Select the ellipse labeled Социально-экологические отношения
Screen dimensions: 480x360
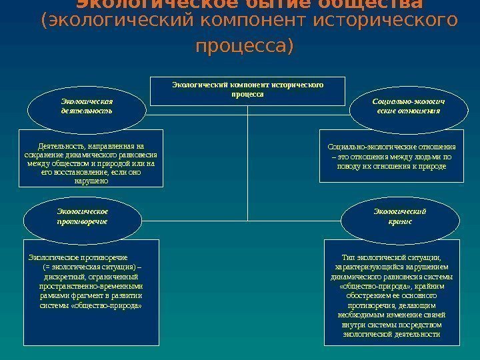(407, 107)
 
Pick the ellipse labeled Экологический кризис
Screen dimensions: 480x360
(400, 216)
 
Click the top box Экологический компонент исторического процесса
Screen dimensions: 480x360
(247, 90)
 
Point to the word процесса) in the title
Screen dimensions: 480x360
(245, 48)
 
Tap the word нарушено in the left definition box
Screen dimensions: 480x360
(91, 181)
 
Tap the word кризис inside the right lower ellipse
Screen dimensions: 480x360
(400, 221)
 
